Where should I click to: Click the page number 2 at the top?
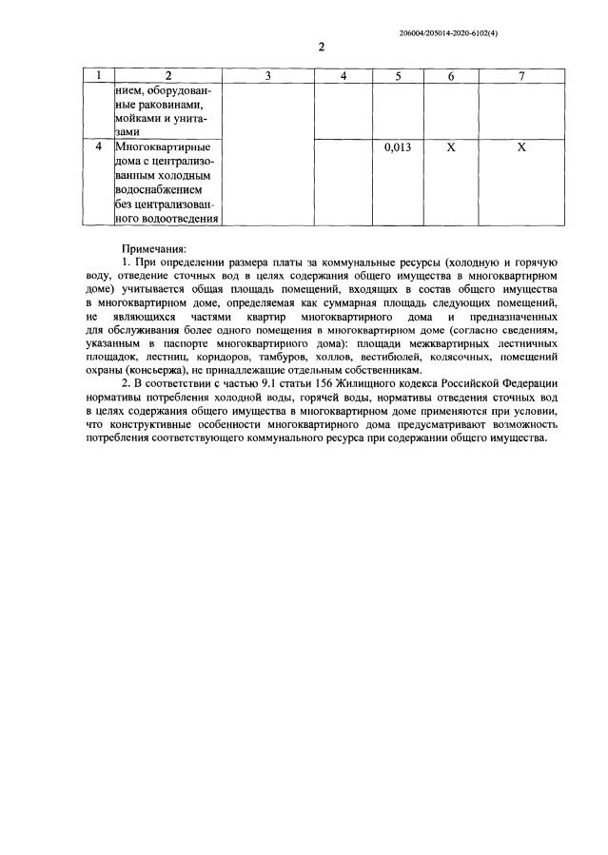pyautogui.click(x=322, y=47)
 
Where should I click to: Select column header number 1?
pyautogui.click(x=98, y=75)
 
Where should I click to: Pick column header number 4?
pyautogui.click(x=343, y=75)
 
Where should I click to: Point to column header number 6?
pyautogui.click(x=451, y=75)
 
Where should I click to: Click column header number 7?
pyautogui.click(x=521, y=75)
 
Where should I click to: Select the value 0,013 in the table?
pyautogui.click(x=398, y=148)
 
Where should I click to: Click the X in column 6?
pyautogui.click(x=451, y=148)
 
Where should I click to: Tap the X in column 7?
pyautogui.click(x=521, y=148)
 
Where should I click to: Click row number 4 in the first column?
pyautogui.click(x=98, y=148)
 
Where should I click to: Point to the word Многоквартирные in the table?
pyautogui.click(x=162, y=148)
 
